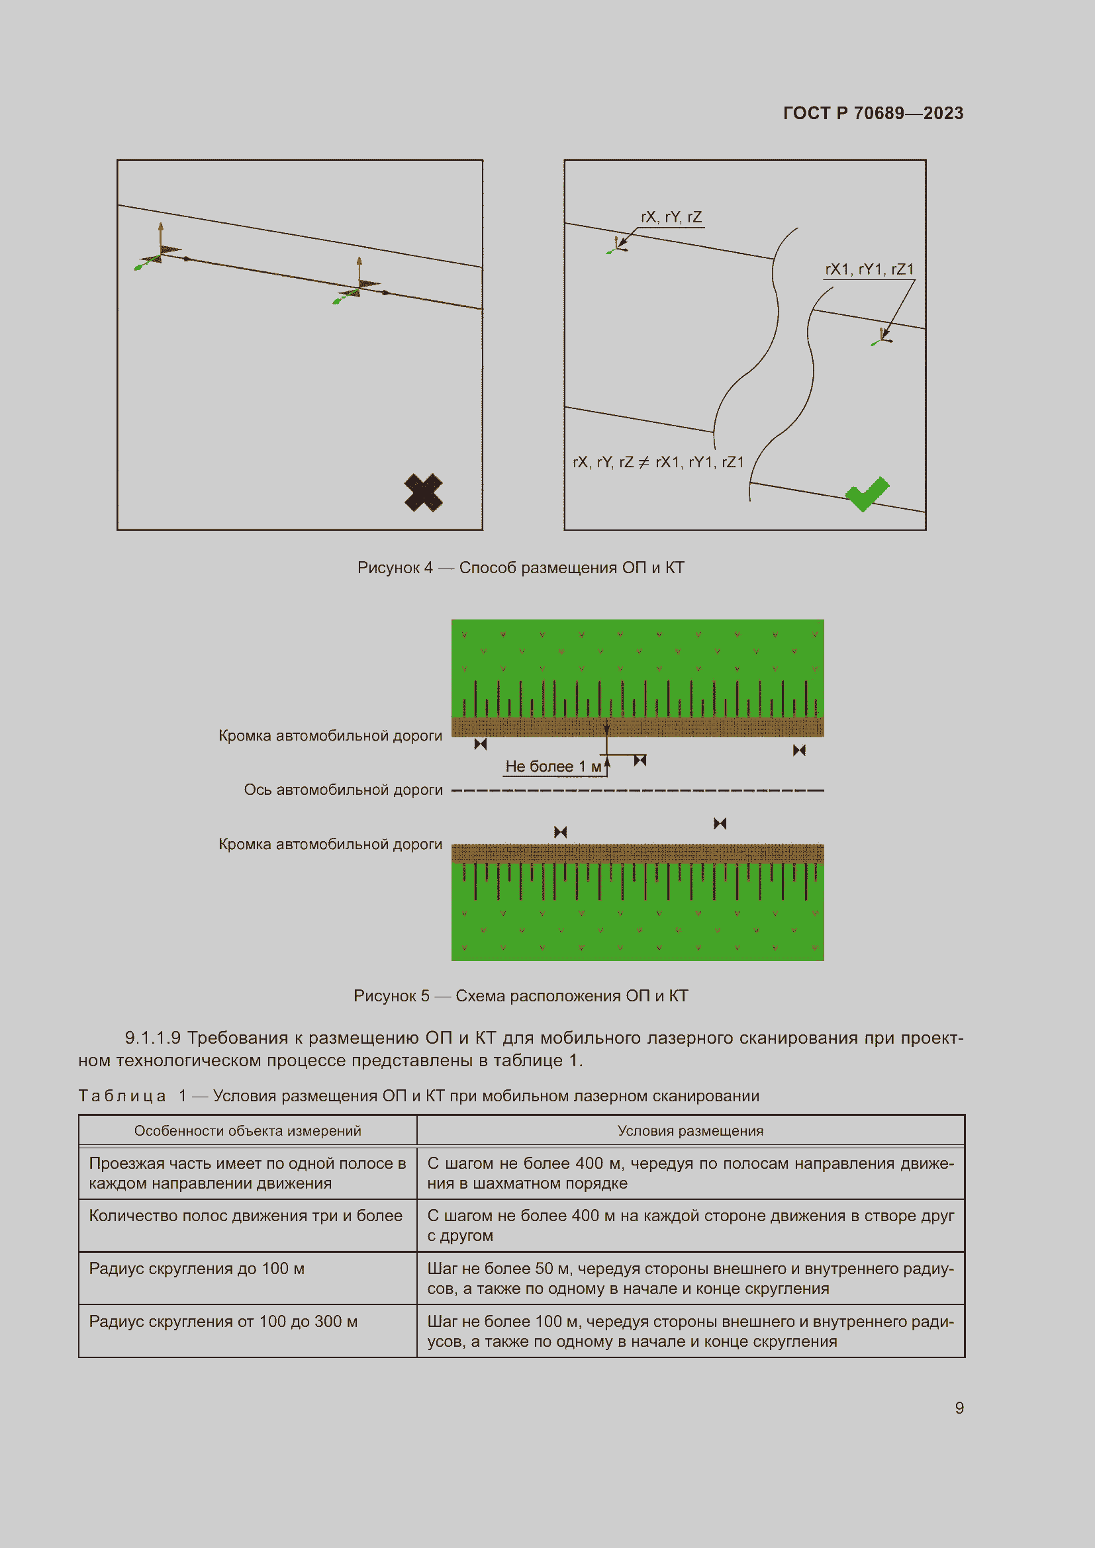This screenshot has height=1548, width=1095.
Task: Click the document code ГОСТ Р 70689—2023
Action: [873, 113]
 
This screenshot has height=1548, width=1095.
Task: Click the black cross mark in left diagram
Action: [424, 492]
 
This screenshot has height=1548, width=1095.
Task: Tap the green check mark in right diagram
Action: [867, 494]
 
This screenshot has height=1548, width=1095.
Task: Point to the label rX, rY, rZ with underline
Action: [671, 217]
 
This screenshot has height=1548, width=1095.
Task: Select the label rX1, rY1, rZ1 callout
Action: [869, 269]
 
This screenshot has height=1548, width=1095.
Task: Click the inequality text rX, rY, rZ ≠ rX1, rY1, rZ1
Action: [658, 462]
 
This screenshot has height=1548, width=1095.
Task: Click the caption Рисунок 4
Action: [520, 568]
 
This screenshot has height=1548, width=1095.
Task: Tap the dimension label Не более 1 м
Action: [553, 766]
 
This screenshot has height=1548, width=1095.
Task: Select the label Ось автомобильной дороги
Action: [343, 790]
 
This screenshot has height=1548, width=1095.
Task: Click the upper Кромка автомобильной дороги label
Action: [330, 735]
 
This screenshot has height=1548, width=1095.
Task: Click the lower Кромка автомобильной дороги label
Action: [330, 844]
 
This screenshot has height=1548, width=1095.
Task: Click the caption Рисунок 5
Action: [520, 996]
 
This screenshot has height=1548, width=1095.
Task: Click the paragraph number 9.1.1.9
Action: [152, 1038]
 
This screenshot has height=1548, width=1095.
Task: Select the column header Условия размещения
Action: [690, 1131]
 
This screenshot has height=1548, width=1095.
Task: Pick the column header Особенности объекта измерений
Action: [248, 1131]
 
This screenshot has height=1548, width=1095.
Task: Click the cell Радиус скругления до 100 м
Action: [197, 1269]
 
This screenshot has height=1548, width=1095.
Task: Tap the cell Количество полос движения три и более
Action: [246, 1216]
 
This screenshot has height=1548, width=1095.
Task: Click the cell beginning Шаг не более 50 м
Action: [690, 1279]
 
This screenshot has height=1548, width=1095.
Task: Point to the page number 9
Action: [959, 1408]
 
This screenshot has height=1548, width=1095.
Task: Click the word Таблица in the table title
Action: [122, 1096]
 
